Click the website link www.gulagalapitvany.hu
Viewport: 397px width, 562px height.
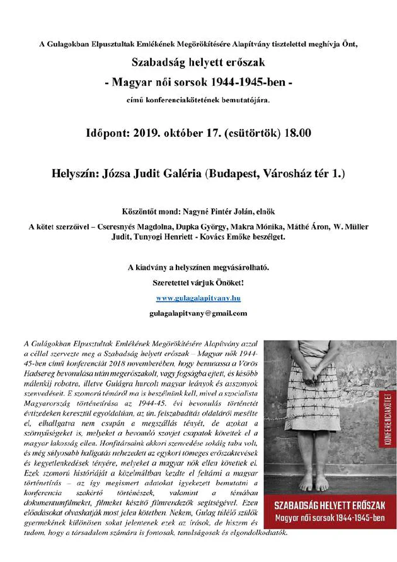tap(198, 296)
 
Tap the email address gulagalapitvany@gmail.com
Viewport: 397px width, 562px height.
tap(198, 313)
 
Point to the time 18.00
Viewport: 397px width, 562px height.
tap(294, 134)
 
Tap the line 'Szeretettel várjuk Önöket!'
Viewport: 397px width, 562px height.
tap(198, 281)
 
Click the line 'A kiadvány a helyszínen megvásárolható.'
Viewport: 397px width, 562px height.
tap(198, 267)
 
